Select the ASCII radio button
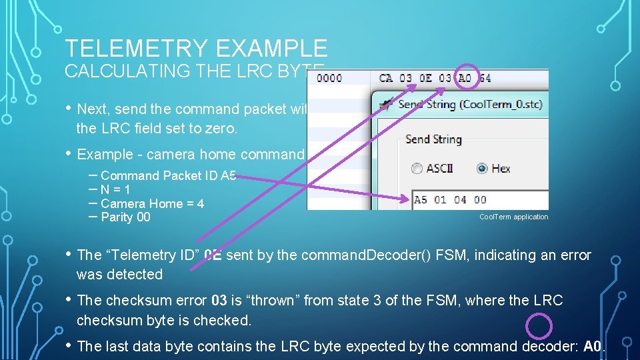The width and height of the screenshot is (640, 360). click(417, 169)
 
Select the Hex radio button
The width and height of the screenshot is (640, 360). click(482, 169)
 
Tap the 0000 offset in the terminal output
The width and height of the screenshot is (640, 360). click(329, 78)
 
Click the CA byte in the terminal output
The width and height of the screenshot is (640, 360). click(386, 78)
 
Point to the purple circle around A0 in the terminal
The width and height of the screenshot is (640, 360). click(466, 76)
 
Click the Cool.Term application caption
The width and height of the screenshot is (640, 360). click(513, 217)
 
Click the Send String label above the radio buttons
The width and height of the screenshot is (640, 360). click(433, 139)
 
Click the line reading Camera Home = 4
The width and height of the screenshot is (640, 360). click(152, 203)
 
